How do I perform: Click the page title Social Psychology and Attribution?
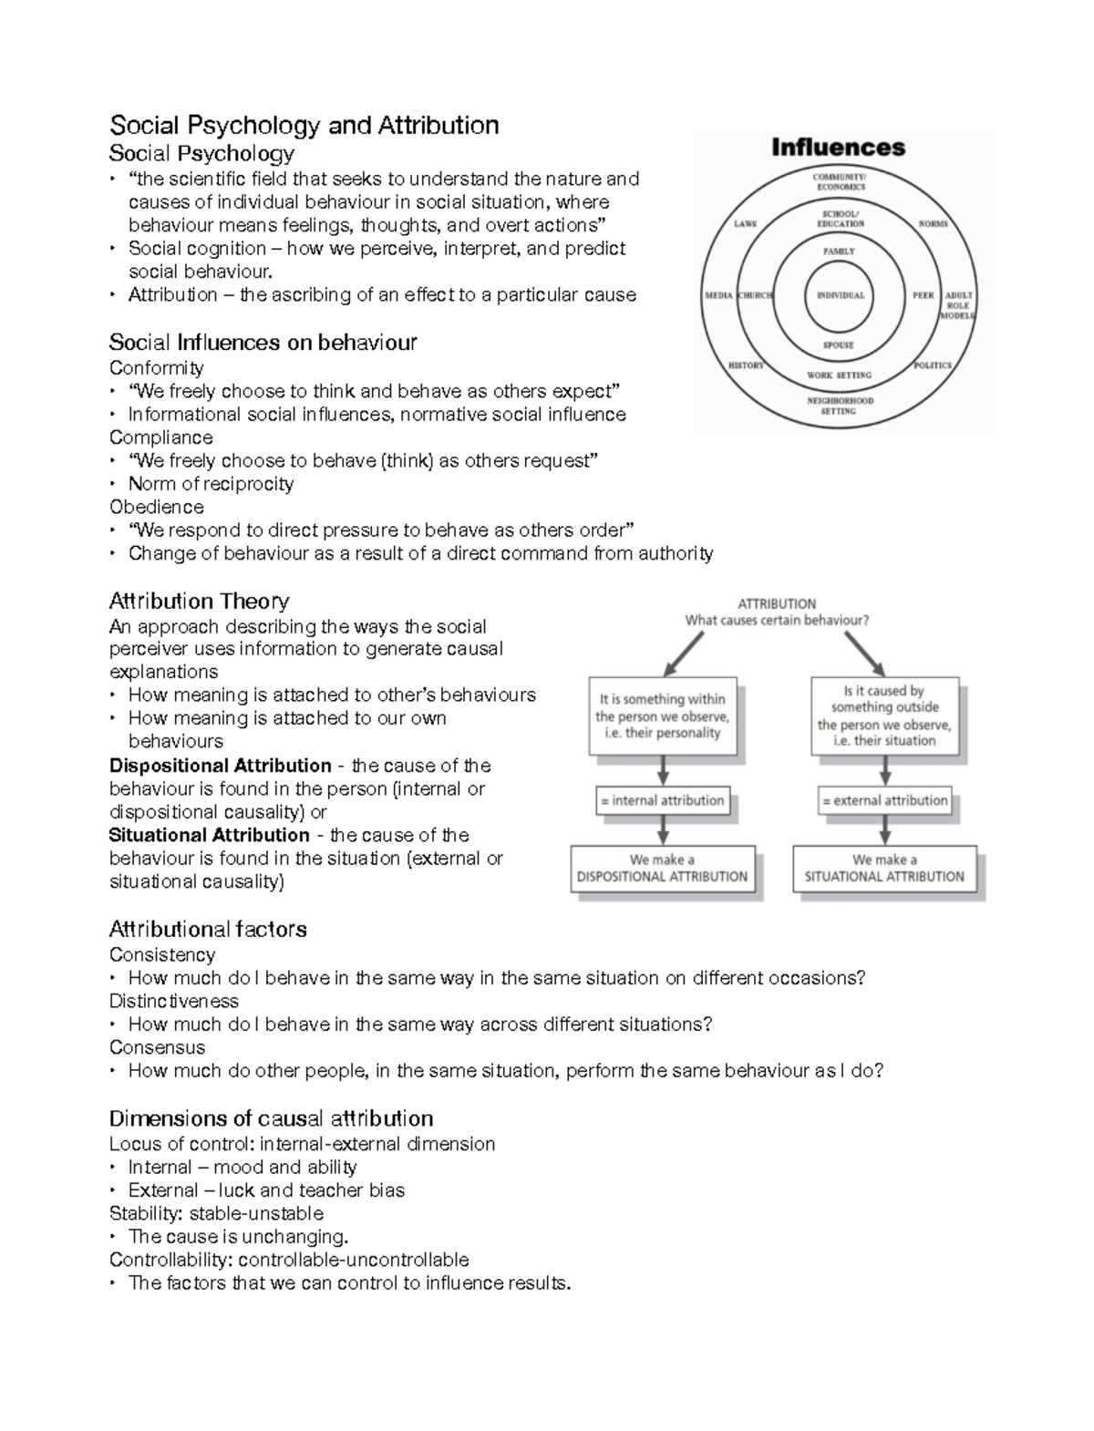(304, 125)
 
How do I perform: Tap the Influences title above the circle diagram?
(838, 148)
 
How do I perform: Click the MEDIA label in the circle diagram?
(718, 296)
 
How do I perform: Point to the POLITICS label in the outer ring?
(933, 365)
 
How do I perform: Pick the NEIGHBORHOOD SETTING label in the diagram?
(840, 406)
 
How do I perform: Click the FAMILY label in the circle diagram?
(839, 252)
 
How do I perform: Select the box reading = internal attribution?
(664, 801)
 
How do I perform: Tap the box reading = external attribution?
(884, 801)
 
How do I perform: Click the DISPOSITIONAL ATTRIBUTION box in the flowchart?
(663, 869)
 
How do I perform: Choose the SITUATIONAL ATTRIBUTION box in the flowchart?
(884, 869)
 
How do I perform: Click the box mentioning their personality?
(663, 715)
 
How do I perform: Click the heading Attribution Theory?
(199, 602)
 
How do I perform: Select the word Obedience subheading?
(156, 507)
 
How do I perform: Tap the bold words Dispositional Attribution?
(220, 766)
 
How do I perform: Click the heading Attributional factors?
(207, 930)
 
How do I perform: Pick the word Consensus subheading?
(157, 1047)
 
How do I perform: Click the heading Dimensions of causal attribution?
(271, 1118)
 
